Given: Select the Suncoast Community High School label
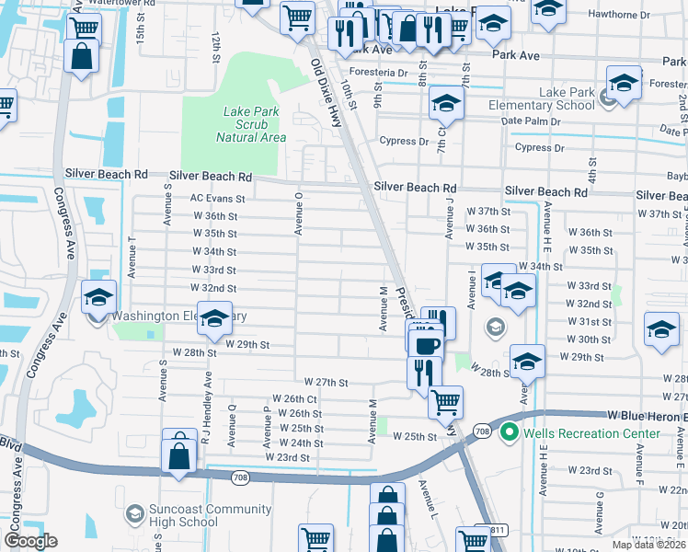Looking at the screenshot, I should coord(200,516).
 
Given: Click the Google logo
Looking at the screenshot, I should coord(30,541).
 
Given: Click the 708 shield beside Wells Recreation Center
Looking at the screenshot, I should coord(483,431).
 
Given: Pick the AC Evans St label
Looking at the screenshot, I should coord(217,198).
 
